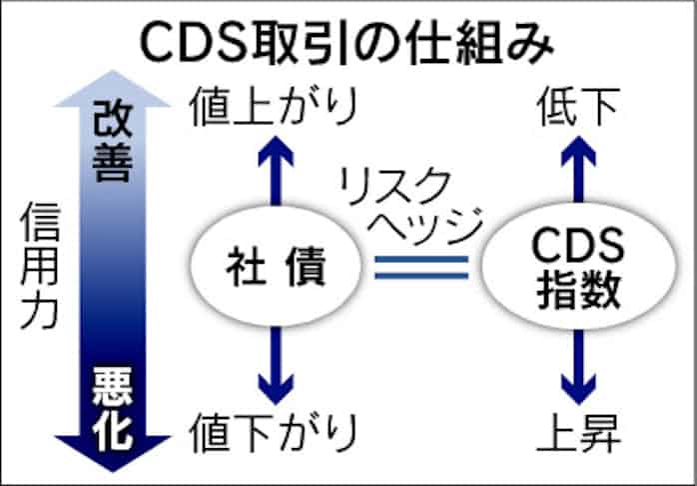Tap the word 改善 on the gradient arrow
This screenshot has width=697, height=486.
click(113, 140)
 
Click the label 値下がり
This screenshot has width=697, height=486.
click(272, 432)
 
